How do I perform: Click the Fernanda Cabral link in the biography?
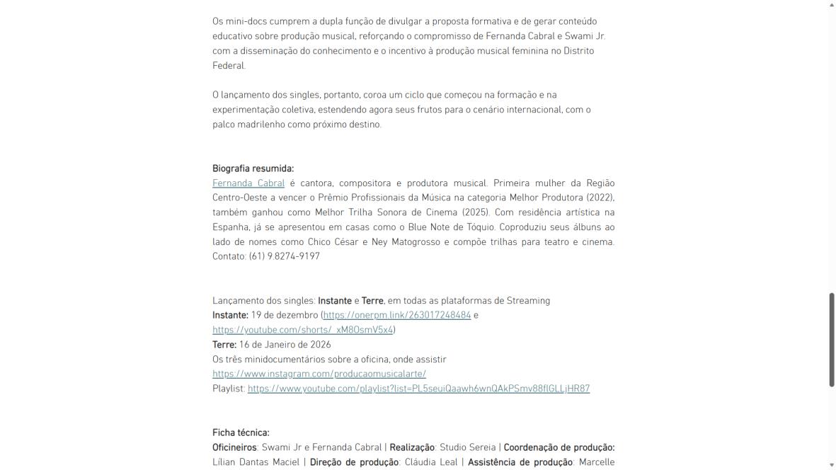[x=248, y=183]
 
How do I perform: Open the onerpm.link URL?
[x=397, y=315]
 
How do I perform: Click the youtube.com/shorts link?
[x=302, y=330]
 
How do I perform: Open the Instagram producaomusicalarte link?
[x=319, y=374]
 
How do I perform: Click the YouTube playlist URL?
[x=418, y=389]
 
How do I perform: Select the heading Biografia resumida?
[x=253, y=168]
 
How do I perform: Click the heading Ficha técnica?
[x=241, y=432]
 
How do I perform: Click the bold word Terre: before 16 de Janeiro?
[x=224, y=345]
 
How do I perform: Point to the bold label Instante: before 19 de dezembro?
[x=230, y=315]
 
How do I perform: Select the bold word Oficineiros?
[x=234, y=447]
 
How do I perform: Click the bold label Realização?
[x=411, y=447]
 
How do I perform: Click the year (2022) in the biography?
[x=600, y=197]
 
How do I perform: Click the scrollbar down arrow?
[x=832, y=465]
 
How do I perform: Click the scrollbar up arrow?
[x=832, y=4]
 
